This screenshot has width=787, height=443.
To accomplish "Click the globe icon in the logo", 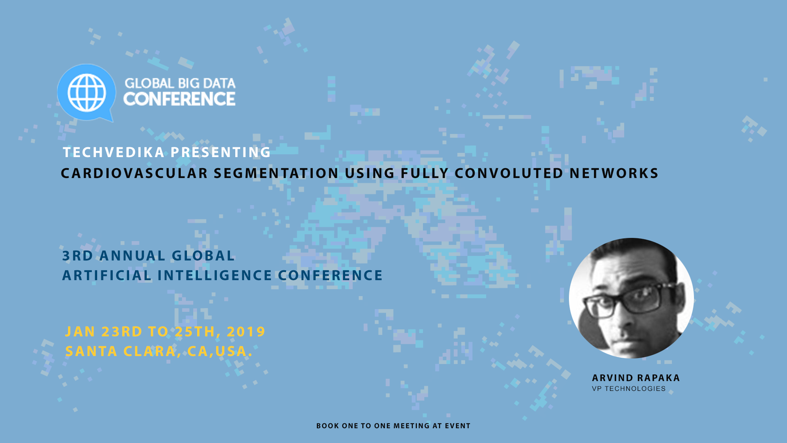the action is click(86, 93).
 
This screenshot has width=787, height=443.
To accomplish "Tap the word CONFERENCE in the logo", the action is click(180, 99).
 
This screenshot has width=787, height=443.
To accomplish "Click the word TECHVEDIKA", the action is click(114, 152).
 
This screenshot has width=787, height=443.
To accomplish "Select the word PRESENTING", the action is click(221, 152).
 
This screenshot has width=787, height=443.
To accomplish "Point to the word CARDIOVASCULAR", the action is click(134, 173).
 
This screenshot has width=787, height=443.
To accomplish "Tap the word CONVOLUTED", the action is click(509, 173).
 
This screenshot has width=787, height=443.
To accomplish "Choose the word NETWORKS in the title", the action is click(614, 173).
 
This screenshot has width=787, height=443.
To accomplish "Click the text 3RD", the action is click(78, 256).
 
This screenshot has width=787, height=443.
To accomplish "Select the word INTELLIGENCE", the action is click(215, 275).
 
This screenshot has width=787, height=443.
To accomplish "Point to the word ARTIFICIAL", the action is click(107, 275).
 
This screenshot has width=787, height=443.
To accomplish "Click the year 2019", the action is click(246, 331).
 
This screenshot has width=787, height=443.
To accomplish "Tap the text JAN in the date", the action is click(80, 331).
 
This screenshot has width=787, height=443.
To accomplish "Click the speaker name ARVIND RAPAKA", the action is click(636, 378).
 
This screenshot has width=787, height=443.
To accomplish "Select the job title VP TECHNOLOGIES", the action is click(629, 389).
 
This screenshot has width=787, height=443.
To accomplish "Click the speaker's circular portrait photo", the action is click(631, 298).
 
